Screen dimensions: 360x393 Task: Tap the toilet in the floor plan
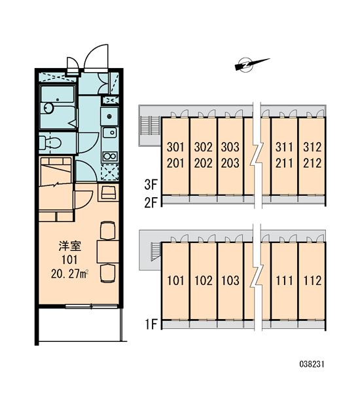click(x=50, y=143)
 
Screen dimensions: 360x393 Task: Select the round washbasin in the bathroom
click(x=48, y=108)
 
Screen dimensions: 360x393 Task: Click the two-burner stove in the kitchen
click(x=110, y=157)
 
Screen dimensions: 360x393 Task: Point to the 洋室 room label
click(x=70, y=246)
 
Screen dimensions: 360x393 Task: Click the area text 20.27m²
click(x=69, y=274)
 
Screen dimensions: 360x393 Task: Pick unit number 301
click(x=175, y=147)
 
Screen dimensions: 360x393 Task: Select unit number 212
click(x=312, y=163)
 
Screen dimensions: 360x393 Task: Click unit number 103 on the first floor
click(x=230, y=280)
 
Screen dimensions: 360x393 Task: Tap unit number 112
click(x=312, y=280)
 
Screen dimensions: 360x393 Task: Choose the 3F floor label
click(x=151, y=185)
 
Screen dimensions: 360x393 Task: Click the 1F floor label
click(x=151, y=324)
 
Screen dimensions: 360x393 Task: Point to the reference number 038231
click(x=312, y=364)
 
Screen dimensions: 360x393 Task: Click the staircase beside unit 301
click(x=151, y=125)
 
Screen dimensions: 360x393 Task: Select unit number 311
click(x=284, y=147)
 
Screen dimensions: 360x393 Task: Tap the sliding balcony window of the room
click(x=92, y=306)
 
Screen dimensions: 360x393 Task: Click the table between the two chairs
click(x=108, y=252)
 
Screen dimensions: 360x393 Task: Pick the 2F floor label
click(x=151, y=202)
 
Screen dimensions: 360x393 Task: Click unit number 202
click(x=203, y=163)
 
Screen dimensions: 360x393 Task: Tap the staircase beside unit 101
click(x=156, y=252)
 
